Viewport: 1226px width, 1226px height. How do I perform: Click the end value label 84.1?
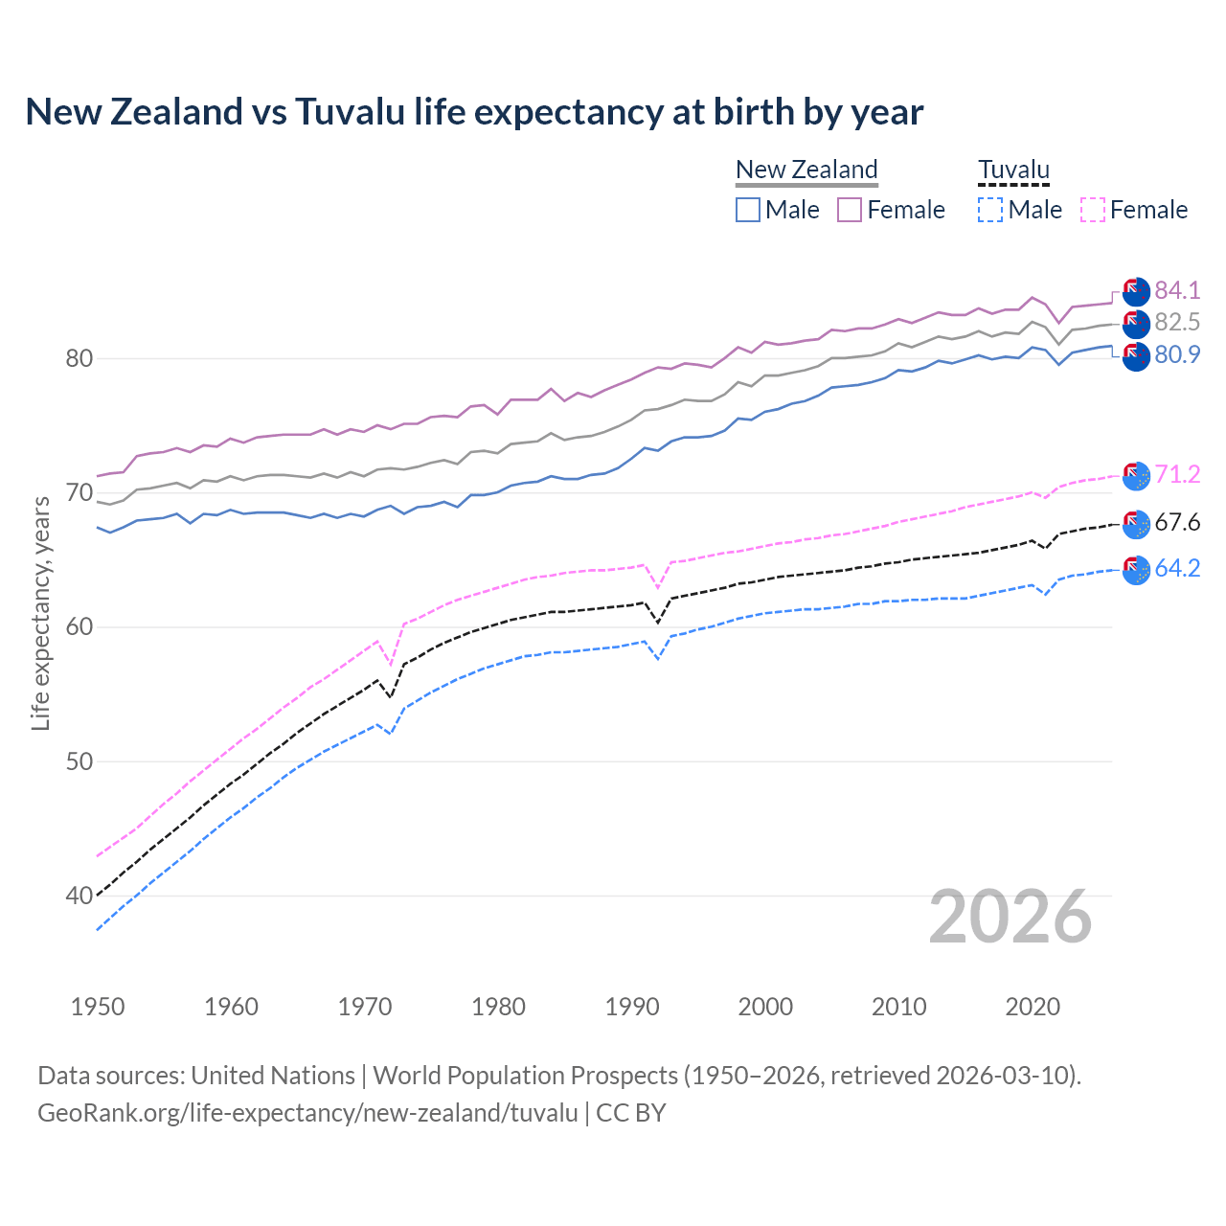tap(1177, 290)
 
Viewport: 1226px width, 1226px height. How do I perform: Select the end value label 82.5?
tap(1177, 322)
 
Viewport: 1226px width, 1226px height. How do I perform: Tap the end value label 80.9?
tap(1177, 354)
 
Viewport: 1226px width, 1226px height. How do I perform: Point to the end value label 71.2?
tap(1177, 474)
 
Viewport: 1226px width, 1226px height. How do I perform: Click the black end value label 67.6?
tap(1177, 522)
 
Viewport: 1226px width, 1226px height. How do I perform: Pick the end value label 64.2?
tap(1177, 568)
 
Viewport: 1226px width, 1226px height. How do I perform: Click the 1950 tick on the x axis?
tap(98, 1007)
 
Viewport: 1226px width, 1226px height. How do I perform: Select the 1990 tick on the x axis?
tap(632, 1007)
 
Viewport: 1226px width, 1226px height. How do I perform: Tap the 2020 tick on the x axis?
tap(1033, 1007)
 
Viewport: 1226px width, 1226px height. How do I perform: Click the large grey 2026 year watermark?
tap(1010, 917)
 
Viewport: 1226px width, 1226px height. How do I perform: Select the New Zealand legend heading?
tap(806, 170)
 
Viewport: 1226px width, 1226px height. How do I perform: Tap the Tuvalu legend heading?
tap(1013, 170)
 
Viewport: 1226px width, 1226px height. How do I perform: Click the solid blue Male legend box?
tap(748, 210)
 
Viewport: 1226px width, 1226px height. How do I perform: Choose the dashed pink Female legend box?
tap(1093, 210)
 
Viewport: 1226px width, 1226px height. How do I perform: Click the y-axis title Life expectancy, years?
tap(40, 613)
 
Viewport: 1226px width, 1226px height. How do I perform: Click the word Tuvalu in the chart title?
tap(350, 112)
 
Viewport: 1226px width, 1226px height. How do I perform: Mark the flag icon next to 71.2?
tap(1136, 476)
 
